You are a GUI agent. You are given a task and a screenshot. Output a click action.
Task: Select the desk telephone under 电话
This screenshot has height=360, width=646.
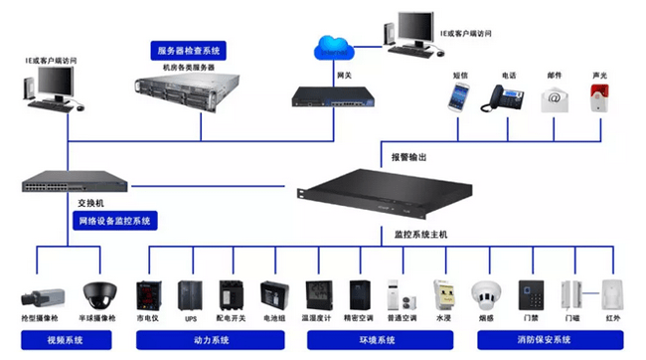coord(505,97)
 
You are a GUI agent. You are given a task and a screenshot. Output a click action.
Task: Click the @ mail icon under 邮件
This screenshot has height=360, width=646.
coord(555,97)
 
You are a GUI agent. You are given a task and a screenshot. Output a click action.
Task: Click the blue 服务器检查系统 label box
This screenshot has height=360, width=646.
coord(188,50)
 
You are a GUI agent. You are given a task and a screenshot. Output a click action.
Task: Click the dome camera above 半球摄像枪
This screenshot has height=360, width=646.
coord(98,292)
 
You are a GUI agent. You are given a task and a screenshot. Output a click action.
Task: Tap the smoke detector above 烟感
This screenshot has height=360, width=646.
coord(485,294)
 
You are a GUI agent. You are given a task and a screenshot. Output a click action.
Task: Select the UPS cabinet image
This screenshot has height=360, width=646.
coord(190,295)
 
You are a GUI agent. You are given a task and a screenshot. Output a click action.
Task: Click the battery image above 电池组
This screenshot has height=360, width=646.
coord(273,295)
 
